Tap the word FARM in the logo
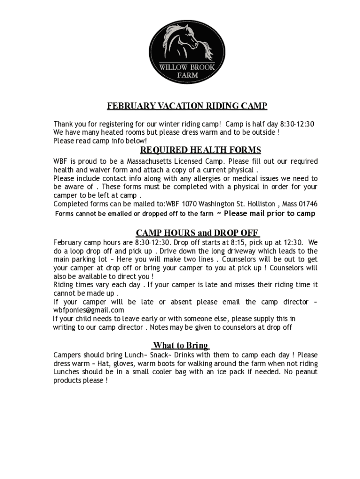(x=187, y=75)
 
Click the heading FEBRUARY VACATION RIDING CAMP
(x=187, y=106)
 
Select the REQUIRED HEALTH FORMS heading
(x=201, y=150)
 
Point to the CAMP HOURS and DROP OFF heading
(x=197, y=233)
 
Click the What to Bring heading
(x=180, y=346)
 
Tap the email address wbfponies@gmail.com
(x=88, y=310)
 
